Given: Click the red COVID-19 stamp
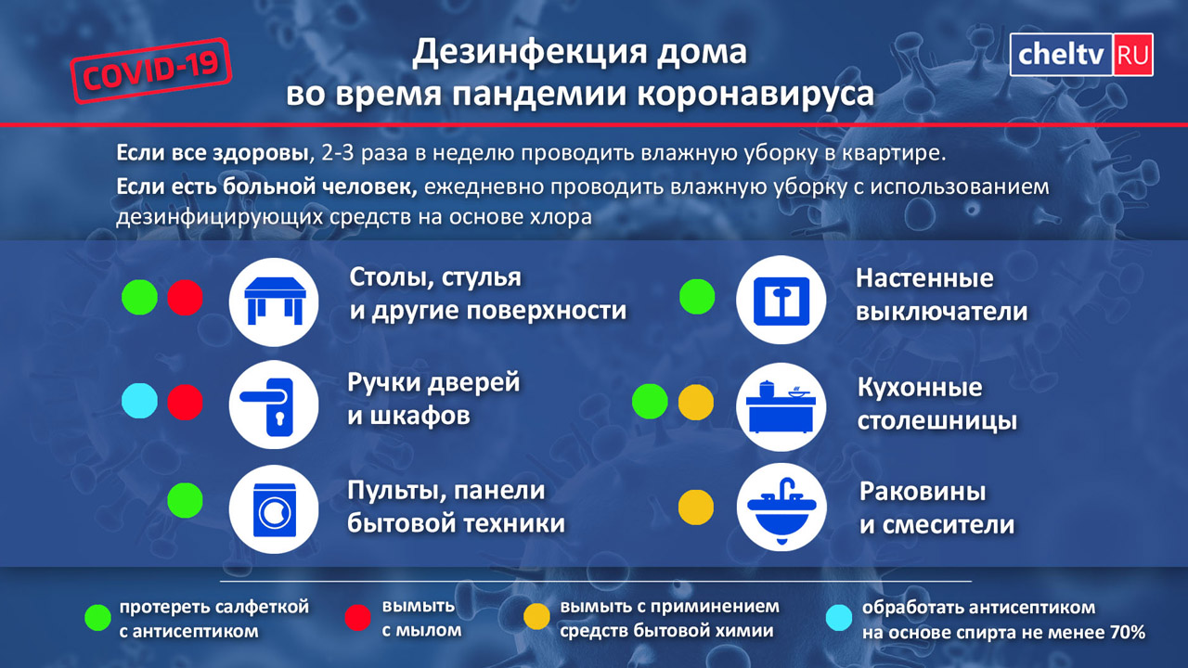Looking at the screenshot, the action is pyautogui.click(x=151, y=71).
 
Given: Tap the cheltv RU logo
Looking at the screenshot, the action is pyautogui.click(x=1081, y=55).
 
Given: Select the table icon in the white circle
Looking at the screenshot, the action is pyautogui.click(x=274, y=302).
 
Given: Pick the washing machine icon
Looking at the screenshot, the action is pyautogui.click(x=274, y=510).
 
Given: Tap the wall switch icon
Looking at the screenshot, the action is pyautogui.click(x=781, y=301).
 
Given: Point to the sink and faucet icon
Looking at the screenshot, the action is pyautogui.click(x=781, y=509).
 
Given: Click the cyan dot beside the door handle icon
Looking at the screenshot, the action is pyautogui.click(x=139, y=402).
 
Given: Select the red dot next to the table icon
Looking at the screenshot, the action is pyautogui.click(x=185, y=298).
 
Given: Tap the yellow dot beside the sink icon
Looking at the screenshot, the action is pyautogui.click(x=696, y=507).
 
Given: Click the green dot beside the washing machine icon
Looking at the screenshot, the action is pyautogui.click(x=185, y=500).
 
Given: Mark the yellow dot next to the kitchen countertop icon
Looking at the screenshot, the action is pyautogui.click(x=696, y=403).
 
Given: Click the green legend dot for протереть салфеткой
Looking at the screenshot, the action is pyautogui.click(x=98, y=618).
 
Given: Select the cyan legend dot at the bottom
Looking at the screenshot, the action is pyautogui.click(x=839, y=618).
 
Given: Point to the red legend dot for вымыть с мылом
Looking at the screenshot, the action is pyautogui.click(x=358, y=618).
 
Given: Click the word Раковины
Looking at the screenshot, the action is pyautogui.click(x=923, y=492).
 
